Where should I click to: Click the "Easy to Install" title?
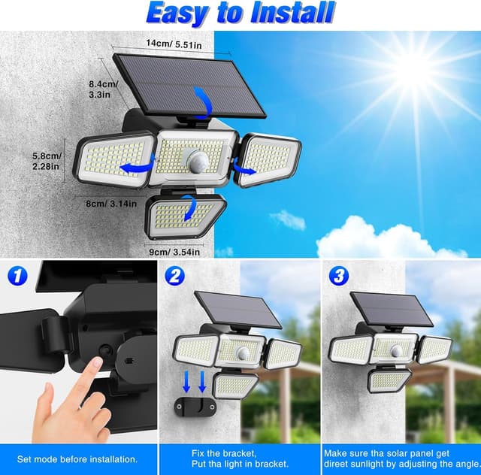[x=240, y=13]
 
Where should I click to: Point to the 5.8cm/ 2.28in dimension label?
[x=47, y=161]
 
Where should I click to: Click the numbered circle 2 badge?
[x=175, y=277]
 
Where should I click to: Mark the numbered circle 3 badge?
[x=340, y=277]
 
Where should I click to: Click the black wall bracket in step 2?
[x=195, y=407]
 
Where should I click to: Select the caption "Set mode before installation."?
[x=77, y=458]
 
